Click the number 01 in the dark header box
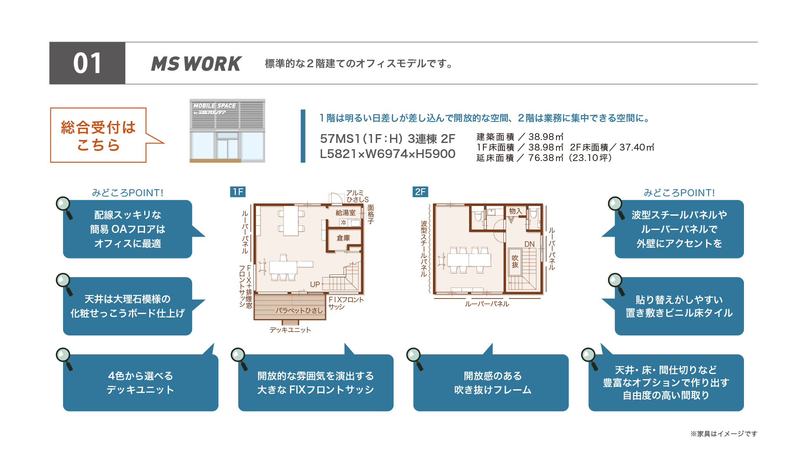tap(87, 63)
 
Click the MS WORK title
tap(196, 64)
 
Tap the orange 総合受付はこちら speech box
tap(98, 135)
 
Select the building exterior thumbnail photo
tap(227, 131)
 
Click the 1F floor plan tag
tap(238, 192)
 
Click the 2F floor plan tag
tap(420, 192)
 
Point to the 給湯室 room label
tap(345, 213)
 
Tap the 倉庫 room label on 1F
tap(343, 238)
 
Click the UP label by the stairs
tap(315, 285)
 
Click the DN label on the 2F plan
tap(530, 244)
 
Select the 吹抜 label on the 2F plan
tap(515, 261)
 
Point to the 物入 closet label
tap(515, 211)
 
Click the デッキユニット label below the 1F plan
tap(290, 330)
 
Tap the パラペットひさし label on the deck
tap(299, 311)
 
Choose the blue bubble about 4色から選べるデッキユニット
tap(140, 382)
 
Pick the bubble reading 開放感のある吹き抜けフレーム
tap(491, 382)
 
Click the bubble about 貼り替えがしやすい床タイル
tap(679, 306)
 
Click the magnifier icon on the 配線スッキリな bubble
tap(64, 207)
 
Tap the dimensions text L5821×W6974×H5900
tap(388, 154)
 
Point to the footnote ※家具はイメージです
tap(724, 434)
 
